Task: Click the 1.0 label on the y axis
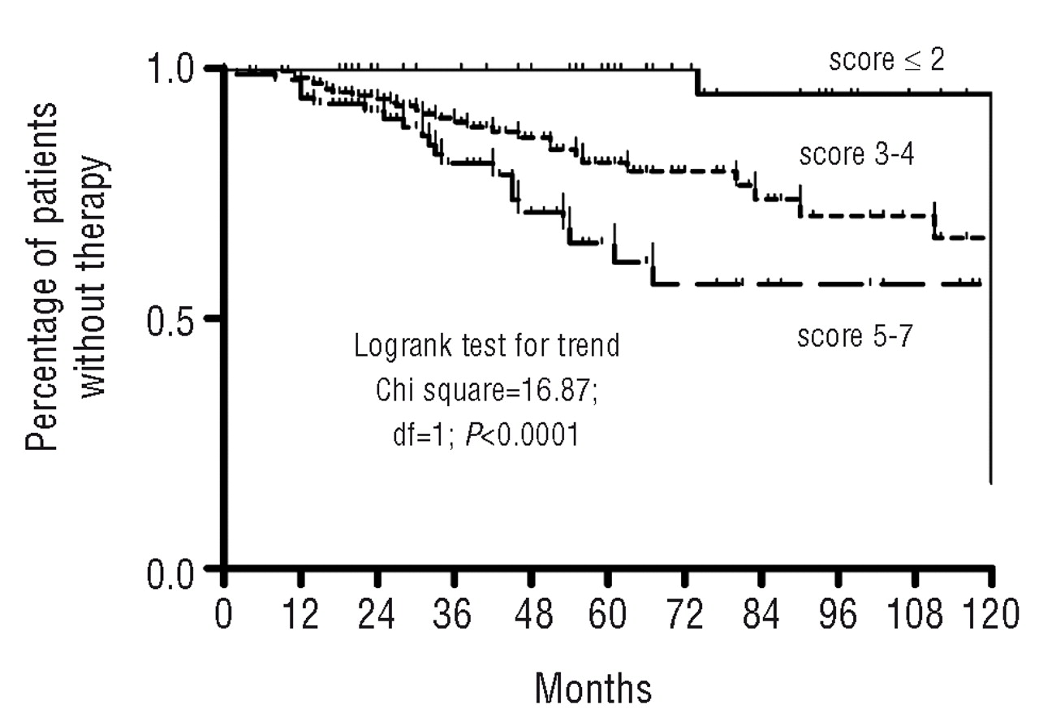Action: point(175,68)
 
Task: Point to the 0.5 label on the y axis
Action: point(175,318)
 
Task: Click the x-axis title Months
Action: point(593,689)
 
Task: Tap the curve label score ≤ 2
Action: point(886,60)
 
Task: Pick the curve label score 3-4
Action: point(856,155)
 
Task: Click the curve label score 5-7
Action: point(855,336)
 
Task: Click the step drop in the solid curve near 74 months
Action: point(698,81)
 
